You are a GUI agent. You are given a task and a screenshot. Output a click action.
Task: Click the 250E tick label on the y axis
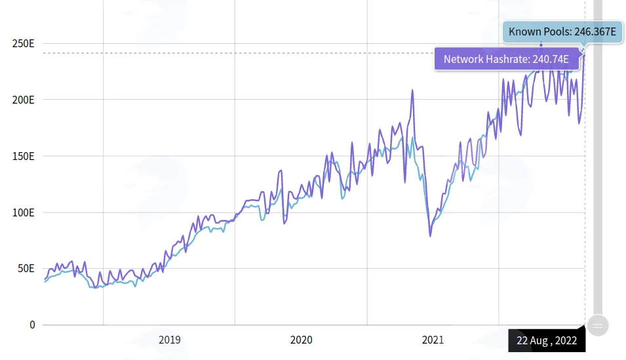pos(23,43)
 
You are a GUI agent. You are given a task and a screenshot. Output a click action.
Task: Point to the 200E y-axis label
pos(23,100)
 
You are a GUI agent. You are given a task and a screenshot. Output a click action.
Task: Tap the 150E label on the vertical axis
pos(23,156)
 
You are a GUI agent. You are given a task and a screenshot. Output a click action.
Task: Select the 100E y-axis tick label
pos(23,212)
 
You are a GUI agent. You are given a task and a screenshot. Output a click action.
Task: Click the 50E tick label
pos(26,268)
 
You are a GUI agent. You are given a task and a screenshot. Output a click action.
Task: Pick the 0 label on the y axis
pos(32,325)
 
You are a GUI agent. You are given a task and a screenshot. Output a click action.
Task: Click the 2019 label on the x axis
pos(170,340)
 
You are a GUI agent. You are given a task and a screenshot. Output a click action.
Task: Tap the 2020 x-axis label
pos(302,340)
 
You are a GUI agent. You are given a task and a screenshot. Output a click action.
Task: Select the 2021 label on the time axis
pos(433,340)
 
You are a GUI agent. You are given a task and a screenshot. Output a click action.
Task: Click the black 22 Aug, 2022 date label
pos(547,340)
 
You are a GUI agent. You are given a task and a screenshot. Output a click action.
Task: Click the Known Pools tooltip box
pos(562,32)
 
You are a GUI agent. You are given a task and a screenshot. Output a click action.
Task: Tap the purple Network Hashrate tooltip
pos(507,59)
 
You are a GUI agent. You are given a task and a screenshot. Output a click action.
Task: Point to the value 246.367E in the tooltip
pos(595,32)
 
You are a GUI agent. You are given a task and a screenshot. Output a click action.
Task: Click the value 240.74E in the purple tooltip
pos(551,59)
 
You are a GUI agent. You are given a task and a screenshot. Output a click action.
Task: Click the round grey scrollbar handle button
pos(598,325)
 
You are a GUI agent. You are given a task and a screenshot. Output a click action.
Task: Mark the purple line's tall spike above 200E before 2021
pos(412,90)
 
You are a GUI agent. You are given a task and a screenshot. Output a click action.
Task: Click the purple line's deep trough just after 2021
pos(431,236)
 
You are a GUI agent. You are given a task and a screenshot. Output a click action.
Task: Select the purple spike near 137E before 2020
pos(281,171)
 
